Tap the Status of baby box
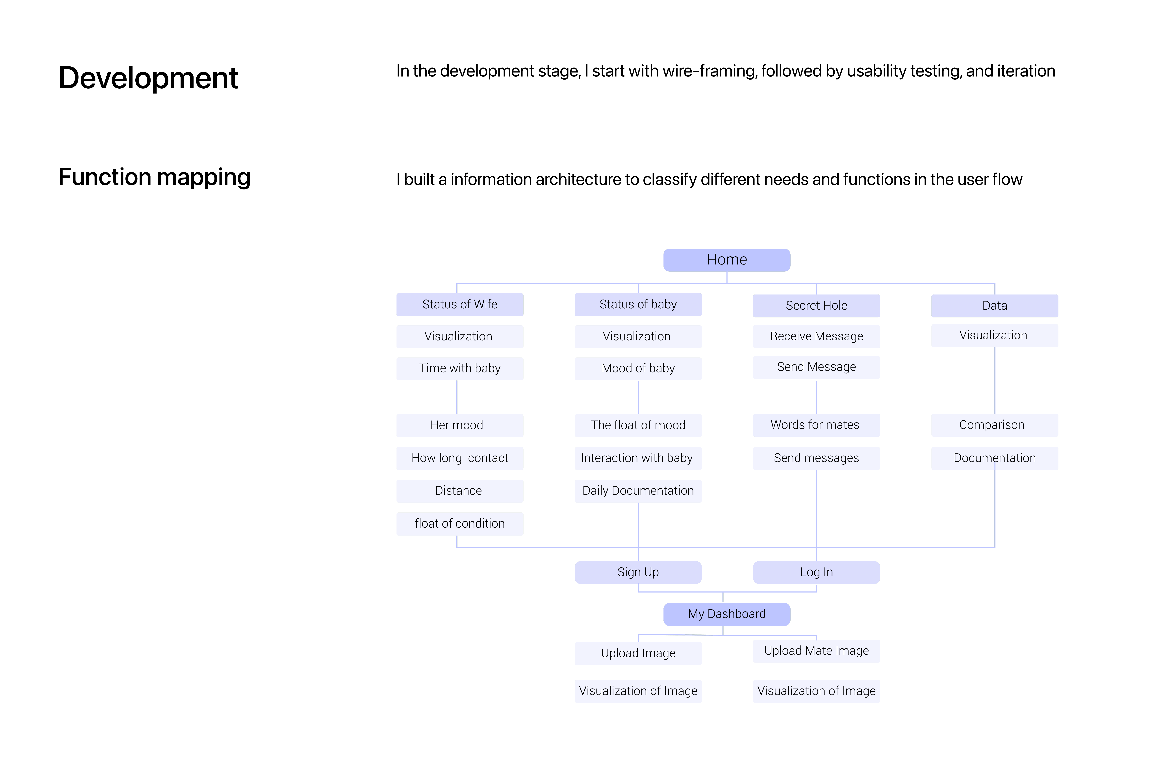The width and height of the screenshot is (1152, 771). click(x=638, y=304)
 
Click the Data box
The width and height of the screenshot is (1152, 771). click(x=995, y=305)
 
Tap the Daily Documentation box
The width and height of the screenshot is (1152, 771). click(x=638, y=491)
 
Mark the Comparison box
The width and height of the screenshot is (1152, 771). click(x=995, y=425)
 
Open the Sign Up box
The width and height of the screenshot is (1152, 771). click(x=638, y=572)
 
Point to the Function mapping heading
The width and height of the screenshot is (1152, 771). click(x=155, y=178)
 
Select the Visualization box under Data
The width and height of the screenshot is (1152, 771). click(x=995, y=335)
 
